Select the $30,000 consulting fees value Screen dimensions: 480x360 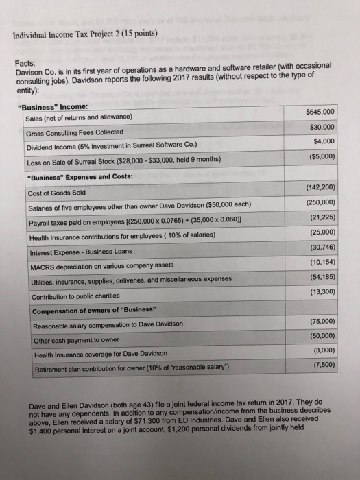(322, 127)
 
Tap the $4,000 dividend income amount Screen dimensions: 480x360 (324, 142)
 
